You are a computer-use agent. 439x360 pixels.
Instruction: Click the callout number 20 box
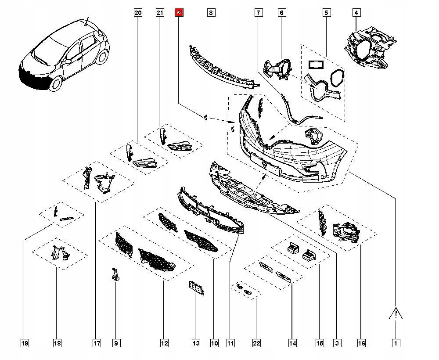[138, 13]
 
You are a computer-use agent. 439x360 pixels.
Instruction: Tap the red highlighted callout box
[179, 13]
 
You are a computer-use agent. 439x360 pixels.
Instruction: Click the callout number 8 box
[211, 13]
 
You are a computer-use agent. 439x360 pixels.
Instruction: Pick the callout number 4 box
[356, 13]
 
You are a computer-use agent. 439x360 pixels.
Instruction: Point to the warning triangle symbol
[396, 313]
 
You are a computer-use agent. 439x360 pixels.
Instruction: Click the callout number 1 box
[396, 343]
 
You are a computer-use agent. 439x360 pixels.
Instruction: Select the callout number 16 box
[360, 343]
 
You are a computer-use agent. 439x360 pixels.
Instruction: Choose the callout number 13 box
[195, 343]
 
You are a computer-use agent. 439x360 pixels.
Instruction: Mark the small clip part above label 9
[115, 275]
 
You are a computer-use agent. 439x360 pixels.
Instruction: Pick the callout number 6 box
[281, 13]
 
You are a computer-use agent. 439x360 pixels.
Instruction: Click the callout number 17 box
[95, 343]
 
